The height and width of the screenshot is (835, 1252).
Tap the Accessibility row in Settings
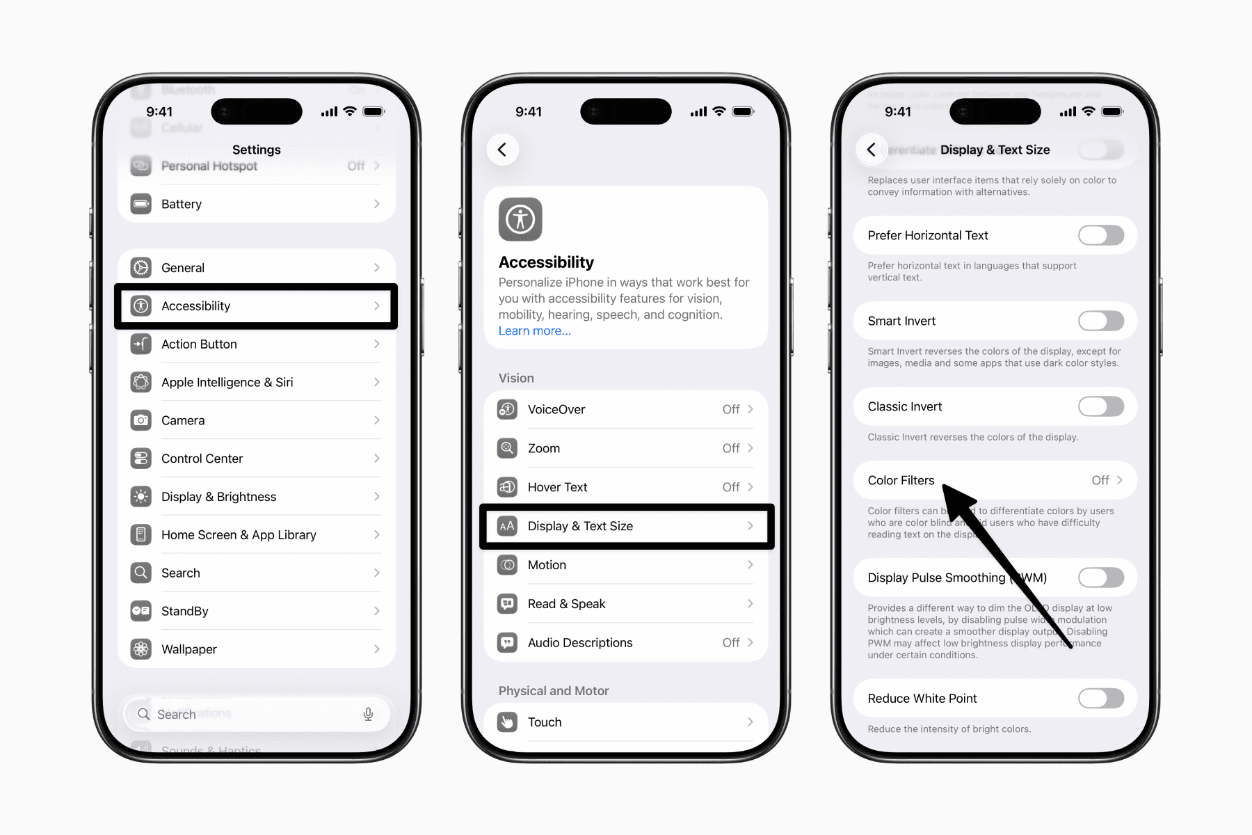pyautogui.click(x=256, y=306)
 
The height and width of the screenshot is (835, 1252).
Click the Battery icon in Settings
pyautogui.click(x=141, y=204)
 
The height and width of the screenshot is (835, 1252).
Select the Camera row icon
pyautogui.click(x=141, y=420)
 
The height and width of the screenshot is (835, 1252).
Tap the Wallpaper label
pyautogui.click(x=189, y=649)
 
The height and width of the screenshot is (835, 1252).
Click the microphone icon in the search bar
pyautogui.click(x=368, y=714)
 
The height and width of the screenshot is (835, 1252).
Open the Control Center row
pyautogui.click(x=256, y=459)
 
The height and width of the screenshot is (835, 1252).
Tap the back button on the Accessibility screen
pyautogui.click(x=502, y=150)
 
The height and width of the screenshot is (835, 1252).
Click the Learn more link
pyautogui.click(x=534, y=331)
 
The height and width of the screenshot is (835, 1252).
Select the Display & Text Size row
pyautogui.click(x=626, y=526)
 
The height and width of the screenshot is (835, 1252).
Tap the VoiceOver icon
pyautogui.click(x=508, y=409)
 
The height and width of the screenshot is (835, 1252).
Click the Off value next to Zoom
pyautogui.click(x=730, y=448)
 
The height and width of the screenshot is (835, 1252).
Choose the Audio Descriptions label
pyautogui.click(x=580, y=643)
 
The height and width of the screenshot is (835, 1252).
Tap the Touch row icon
pyautogui.click(x=508, y=722)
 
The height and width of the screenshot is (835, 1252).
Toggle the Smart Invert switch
pyautogui.click(x=1100, y=321)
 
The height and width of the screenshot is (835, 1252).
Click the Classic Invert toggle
pyautogui.click(x=1100, y=406)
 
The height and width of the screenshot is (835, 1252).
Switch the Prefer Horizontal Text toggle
pyautogui.click(x=1100, y=235)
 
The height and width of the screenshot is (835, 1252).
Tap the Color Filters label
pyautogui.click(x=901, y=480)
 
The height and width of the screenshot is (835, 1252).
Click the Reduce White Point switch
pyautogui.click(x=1100, y=698)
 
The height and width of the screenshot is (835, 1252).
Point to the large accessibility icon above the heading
pyautogui.click(x=520, y=220)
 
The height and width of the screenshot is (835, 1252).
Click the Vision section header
pyautogui.click(x=516, y=378)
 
